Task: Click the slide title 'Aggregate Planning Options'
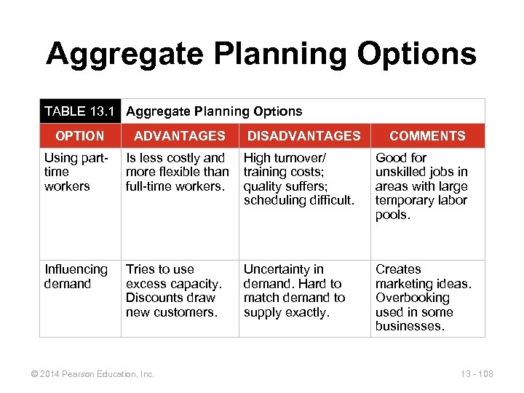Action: coord(261,54)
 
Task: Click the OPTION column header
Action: coord(79,136)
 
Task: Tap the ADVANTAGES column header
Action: coord(179,136)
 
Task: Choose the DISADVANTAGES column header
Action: coord(303,136)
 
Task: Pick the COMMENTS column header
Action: coord(427,136)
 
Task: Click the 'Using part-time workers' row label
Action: coord(76,172)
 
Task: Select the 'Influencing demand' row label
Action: coord(76,277)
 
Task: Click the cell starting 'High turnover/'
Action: coord(298,179)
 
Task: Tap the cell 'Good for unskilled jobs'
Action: coord(421,186)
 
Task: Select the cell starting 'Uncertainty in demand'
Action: coord(294,290)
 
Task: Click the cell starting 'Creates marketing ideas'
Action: coord(423,298)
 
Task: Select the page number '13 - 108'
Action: coord(477,374)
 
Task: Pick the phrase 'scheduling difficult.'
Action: coord(298,200)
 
